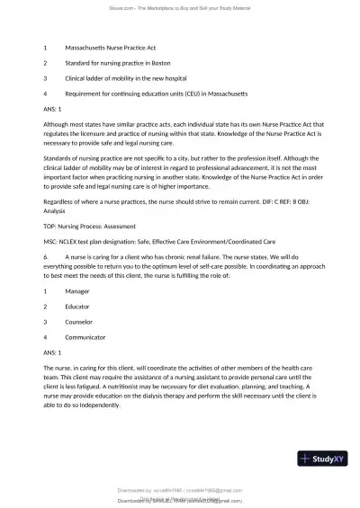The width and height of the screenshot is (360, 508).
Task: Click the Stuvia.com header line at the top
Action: tap(180, 8)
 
